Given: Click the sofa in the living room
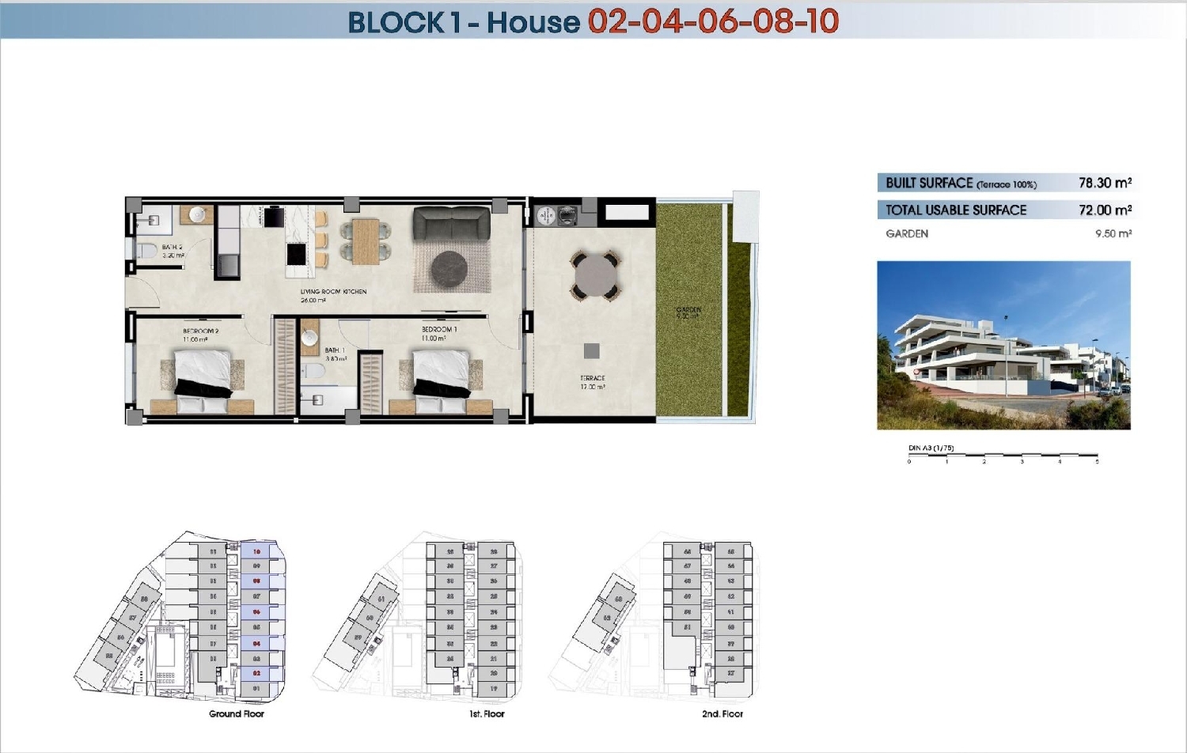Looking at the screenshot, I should [x=451, y=223].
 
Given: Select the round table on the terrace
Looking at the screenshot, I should [x=595, y=275].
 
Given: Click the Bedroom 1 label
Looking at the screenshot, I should [x=438, y=330].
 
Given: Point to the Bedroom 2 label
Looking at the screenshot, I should [x=200, y=331].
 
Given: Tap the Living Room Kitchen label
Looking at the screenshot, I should [x=333, y=292].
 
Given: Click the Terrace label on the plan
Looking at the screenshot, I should [x=593, y=379].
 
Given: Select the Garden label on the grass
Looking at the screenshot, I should [x=688, y=310].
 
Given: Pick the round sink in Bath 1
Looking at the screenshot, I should [x=309, y=339].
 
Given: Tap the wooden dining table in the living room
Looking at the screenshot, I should [x=366, y=241].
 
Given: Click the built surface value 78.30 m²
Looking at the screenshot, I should [x=1105, y=183].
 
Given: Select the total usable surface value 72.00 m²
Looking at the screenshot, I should [x=1105, y=210].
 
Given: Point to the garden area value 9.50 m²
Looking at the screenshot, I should [x=1113, y=234].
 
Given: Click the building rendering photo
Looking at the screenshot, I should [x=1003, y=346].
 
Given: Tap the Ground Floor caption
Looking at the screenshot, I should [x=236, y=714].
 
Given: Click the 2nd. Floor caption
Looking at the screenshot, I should [x=722, y=714].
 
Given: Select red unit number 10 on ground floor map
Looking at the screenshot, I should [x=256, y=551].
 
